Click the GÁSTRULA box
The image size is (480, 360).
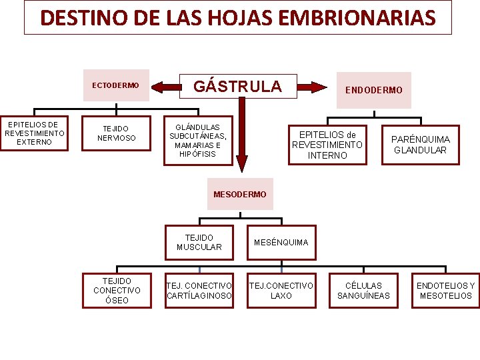(237, 86)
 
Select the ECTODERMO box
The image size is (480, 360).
(115, 85)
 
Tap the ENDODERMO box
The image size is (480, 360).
(373, 90)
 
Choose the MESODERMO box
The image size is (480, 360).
(239, 194)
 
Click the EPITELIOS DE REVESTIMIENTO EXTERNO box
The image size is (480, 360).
(35, 133)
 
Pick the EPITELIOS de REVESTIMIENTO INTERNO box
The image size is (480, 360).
(327, 145)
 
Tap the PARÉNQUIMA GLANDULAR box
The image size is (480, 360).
(421, 145)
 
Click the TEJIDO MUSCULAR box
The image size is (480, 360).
(199, 242)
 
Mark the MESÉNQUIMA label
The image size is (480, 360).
(281, 242)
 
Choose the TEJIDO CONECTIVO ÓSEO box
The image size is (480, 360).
(117, 291)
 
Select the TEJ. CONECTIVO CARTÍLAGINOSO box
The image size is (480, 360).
(199, 291)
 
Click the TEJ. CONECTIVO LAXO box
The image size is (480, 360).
(281, 291)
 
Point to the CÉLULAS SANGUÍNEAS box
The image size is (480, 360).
(363, 291)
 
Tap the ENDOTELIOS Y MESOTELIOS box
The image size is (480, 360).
(445, 291)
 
